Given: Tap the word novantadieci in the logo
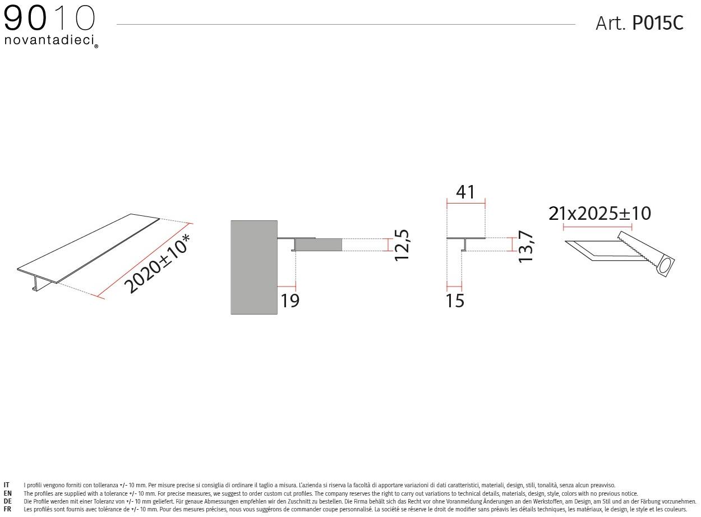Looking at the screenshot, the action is point(49,40).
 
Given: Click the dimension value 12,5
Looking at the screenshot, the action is point(402,245).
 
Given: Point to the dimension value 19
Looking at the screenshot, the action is point(290,301).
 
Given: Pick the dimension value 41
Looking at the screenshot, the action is point(465,192).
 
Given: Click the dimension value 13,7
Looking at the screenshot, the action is point(526,246).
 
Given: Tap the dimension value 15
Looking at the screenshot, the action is point(455,301).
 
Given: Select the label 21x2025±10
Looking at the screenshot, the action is point(599,214).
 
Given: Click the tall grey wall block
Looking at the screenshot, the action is point(254,267).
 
